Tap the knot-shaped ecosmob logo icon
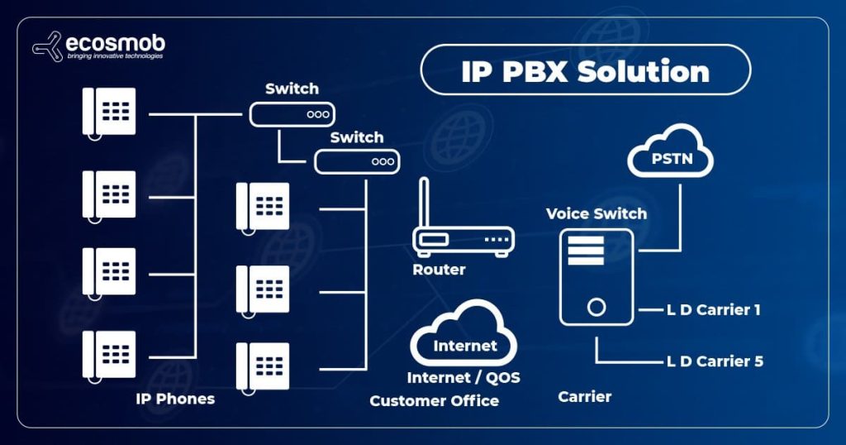point(48,45)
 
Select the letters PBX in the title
point(530,71)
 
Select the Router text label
point(439,270)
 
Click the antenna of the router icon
point(422,203)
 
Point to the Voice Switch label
point(596,213)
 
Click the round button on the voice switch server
point(596,308)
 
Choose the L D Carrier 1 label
point(713,310)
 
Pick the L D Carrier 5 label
point(714,361)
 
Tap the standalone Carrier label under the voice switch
point(584,396)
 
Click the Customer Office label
point(434,400)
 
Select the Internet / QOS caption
point(463,377)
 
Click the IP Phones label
point(175,399)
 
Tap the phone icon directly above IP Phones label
point(108,355)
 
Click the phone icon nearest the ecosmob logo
point(108,111)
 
